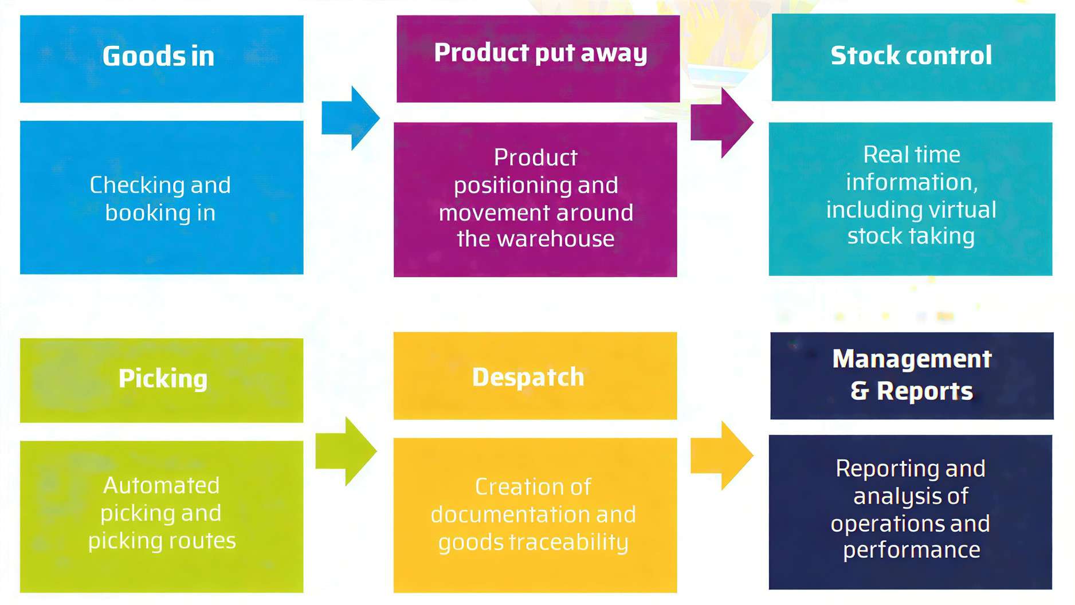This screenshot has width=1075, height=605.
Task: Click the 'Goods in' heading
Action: [x=158, y=56]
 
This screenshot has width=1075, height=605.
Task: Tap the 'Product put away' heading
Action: [x=540, y=53]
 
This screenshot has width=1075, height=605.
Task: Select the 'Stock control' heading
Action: [x=911, y=56]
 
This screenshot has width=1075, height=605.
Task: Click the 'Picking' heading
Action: [x=163, y=379]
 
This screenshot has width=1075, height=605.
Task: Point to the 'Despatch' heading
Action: [x=528, y=377]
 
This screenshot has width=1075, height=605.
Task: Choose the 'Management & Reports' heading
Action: [x=912, y=375]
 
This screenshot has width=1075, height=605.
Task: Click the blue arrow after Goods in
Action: [x=350, y=118]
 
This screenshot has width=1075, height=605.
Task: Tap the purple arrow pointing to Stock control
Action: [x=721, y=123]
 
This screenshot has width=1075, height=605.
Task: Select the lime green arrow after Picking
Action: [x=346, y=451]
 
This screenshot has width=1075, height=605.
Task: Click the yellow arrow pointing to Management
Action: [x=721, y=455]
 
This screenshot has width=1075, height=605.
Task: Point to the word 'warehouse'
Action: [x=555, y=238]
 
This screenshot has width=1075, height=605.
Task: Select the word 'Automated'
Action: [x=161, y=485]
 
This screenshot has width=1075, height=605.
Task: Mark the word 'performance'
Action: [x=911, y=550]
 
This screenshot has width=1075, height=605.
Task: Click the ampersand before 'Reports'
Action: [x=860, y=391]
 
